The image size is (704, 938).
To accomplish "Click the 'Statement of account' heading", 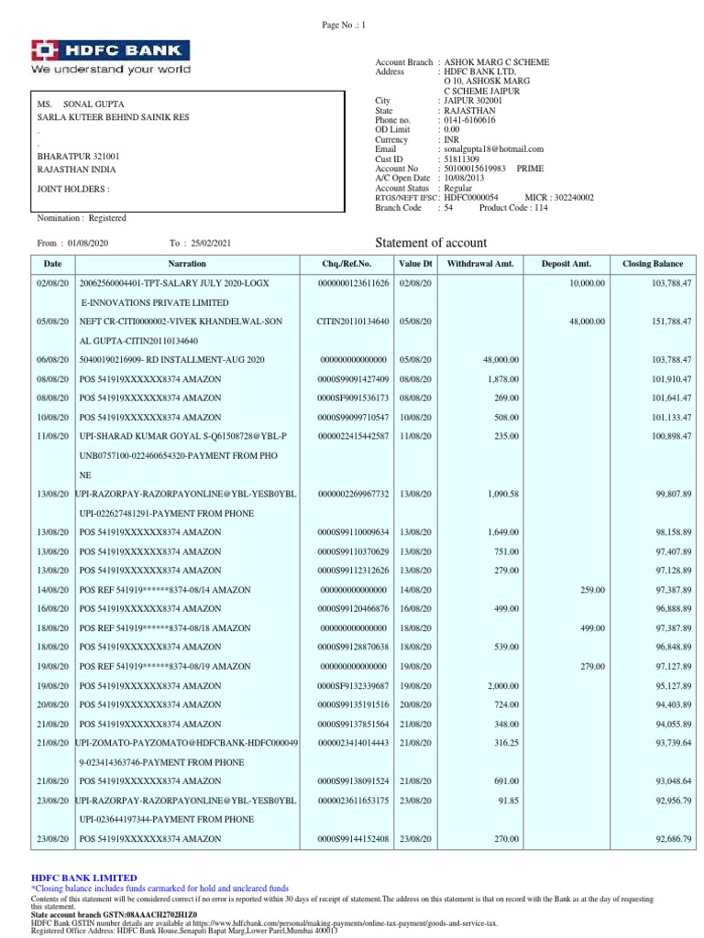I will pos(432,243).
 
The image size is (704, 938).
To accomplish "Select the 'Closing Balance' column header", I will pos(652,264).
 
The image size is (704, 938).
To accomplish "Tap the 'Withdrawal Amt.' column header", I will pos(480,264).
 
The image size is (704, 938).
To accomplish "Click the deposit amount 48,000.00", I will pos(587,322).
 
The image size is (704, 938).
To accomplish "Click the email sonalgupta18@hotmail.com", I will pos(493,148).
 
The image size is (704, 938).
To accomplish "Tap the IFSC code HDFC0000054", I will pos(471,198).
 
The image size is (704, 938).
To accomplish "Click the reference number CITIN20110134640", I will pos(353,322).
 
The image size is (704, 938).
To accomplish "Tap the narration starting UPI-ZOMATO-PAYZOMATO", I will pos(187,741).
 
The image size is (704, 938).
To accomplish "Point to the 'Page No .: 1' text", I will pos(344,26).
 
